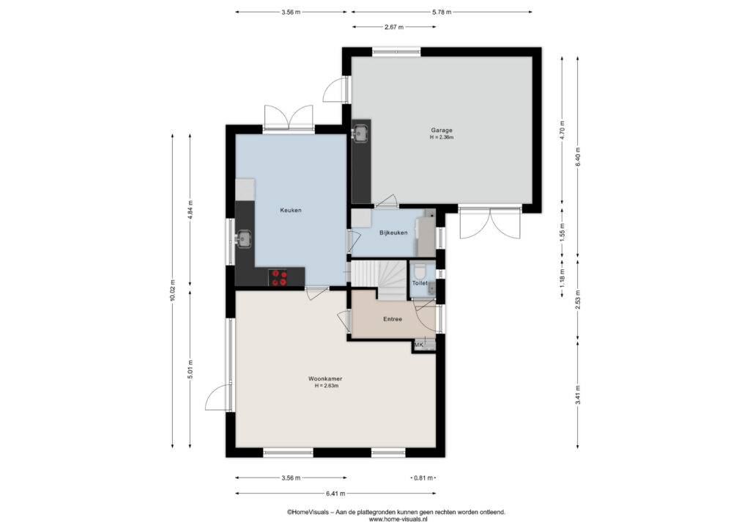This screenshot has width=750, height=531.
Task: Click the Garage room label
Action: tap(442, 130)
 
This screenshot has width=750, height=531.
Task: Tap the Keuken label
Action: tap(290, 210)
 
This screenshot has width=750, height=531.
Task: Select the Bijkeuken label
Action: tap(393, 232)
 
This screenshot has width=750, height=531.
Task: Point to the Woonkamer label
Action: tap(324, 378)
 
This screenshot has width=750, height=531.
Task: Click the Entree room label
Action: tap(393, 319)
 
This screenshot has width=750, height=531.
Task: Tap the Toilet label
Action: tap(420, 283)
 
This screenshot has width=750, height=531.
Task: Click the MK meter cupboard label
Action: tap(419, 345)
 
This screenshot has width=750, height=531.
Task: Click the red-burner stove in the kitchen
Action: tap(279, 278)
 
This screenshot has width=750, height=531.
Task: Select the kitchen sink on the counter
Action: tap(244, 238)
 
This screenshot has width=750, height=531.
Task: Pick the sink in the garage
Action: tap(359, 133)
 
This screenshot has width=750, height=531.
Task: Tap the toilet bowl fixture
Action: tap(420, 271)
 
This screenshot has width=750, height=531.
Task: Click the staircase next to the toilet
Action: tap(379, 280)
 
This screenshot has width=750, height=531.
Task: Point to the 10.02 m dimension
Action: tap(173, 290)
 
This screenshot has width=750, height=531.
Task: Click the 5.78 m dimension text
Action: tap(442, 12)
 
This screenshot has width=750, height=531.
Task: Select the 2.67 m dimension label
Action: tap(393, 27)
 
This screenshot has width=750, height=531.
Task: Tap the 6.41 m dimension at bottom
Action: tap(335, 493)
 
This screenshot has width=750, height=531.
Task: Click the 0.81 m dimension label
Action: tap(423, 478)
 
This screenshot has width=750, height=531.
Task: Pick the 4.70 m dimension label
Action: tap(562, 130)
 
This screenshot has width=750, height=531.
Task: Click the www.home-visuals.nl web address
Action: tap(398, 519)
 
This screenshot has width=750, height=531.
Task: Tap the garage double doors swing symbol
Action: tap(490, 224)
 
